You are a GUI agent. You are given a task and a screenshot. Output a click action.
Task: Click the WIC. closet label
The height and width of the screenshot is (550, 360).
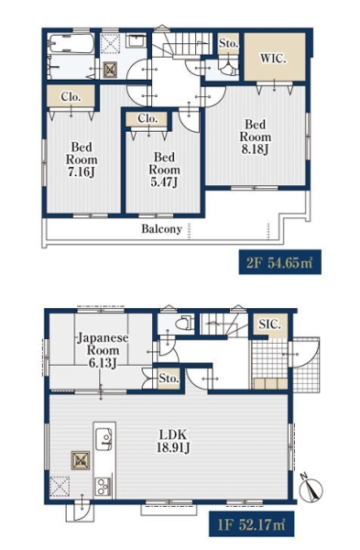(273, 59)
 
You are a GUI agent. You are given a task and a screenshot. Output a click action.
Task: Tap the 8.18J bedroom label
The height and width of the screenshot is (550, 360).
(256, 137)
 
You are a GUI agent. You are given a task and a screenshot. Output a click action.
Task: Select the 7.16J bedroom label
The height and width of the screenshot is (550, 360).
(82, 159)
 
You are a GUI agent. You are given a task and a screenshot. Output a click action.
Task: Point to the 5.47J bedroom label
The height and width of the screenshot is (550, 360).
(164, 170)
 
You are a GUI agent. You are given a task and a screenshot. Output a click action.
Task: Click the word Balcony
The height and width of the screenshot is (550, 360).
(161, 229)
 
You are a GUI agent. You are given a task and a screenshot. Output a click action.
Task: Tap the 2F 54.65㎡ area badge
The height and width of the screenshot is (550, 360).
(279, 262)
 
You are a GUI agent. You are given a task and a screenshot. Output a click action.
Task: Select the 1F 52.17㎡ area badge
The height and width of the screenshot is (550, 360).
(251, 523)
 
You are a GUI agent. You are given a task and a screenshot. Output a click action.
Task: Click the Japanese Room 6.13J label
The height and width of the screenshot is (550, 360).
(103, 350)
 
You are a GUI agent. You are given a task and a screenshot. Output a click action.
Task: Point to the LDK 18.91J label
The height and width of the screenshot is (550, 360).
(173, 441)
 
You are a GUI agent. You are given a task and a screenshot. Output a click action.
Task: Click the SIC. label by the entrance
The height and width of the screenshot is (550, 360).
(269, 324)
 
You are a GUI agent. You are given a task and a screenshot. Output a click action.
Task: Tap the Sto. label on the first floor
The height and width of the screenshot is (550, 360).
(169, 379)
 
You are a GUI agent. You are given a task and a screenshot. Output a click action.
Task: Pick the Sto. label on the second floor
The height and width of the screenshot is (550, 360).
(228, 43)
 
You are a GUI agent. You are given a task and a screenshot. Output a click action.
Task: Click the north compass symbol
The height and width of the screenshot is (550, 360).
(311, 488)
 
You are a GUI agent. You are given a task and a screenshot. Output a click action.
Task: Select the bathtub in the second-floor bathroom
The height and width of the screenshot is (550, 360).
(71, 44)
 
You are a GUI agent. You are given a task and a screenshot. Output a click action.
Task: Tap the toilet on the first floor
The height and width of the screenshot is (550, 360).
(184, 323)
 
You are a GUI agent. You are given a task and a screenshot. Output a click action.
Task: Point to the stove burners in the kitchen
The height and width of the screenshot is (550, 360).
(104, 487)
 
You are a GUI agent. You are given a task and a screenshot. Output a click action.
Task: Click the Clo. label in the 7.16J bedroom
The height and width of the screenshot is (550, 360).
(71, 96)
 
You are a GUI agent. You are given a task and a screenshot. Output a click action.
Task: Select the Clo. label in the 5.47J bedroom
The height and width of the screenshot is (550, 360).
(147, 118)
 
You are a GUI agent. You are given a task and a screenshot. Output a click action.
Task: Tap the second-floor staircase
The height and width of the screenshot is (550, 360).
(184, 44)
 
